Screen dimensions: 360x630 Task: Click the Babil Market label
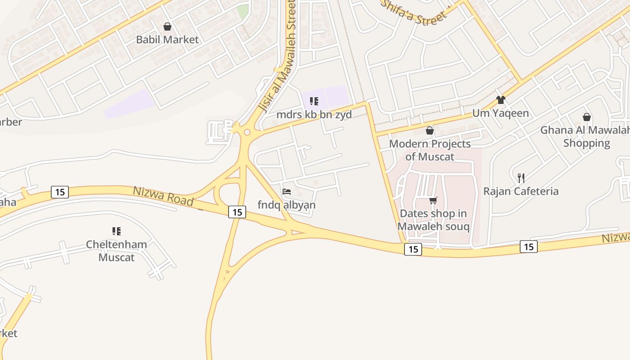click(x=167, y=40)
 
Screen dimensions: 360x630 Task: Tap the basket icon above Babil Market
click(x=167, y=27)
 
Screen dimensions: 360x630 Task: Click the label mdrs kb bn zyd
click(x=314, y=114)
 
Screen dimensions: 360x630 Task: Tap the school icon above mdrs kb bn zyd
click(x=314, y=101)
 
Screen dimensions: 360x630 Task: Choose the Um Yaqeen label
click(x=500, y=113)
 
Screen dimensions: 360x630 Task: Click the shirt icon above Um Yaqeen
click(x=500, y=99)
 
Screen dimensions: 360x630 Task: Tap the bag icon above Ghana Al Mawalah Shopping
click(x=586, y=117)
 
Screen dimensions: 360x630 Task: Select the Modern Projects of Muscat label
click(x=430, y=150)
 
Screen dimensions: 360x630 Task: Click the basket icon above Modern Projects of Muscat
click(x=430, y=130)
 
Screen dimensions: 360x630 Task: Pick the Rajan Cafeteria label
click(x=521, y=191)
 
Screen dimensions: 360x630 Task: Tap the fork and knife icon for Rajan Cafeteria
click(x=521, y=178)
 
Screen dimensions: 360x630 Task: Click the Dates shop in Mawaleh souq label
click(x=433, y=220)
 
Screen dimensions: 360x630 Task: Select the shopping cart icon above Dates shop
click(x=433, y=200)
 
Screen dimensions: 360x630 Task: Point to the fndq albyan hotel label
click(x=287, y=205)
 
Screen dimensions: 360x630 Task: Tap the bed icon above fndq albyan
click(x=287, y=192)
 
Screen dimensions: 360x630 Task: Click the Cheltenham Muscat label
click(x=117, y=251)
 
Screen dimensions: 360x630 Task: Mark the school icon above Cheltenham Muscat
click(x=117, y=231)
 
